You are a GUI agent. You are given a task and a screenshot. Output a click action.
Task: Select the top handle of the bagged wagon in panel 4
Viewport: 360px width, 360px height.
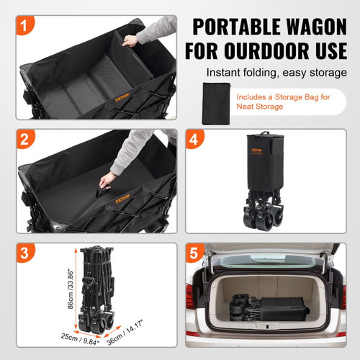click(x=264, y=134)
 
